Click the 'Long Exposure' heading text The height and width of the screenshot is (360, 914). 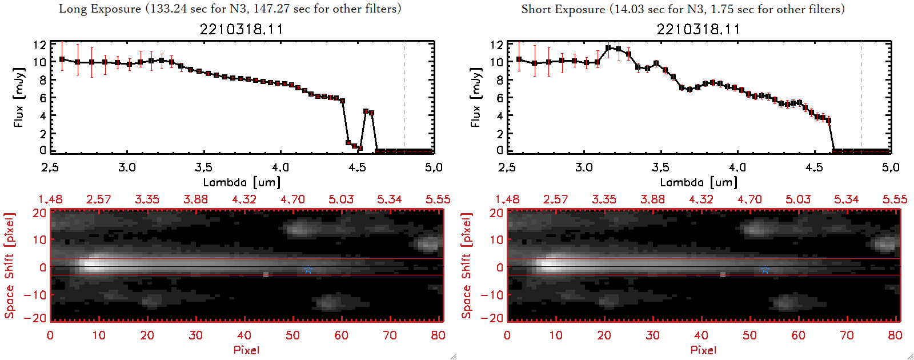click(x=100, y=9)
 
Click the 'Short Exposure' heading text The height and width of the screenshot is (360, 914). click(x=563, y=9)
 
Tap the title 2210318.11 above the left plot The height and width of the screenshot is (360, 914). click(x=241, y=29)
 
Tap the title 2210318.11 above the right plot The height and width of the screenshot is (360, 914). click(x=698, y=29)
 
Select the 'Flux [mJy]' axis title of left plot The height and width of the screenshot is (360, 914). click(x=19, y=97)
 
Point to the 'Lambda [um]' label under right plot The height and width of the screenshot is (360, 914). click(x=698, y=182)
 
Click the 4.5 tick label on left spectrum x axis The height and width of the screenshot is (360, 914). click(x=357, y=167)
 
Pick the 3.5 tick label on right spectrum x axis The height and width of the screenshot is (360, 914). click(x=660, y=167)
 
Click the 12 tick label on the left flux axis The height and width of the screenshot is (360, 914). click(x=39, y=45)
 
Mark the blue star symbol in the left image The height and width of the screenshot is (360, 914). click(x=308, y=270)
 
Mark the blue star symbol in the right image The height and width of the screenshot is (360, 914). click(x=765, y=270)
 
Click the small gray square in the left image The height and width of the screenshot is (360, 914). click(x=266, y=275)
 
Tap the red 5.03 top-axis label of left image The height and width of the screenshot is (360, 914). click(x=341, y=199)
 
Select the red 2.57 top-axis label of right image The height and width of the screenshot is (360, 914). click(x=555, y=199)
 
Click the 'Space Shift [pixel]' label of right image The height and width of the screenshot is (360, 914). click(x=467, y=265)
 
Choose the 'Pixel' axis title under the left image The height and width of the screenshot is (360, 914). click(x=246, y=350)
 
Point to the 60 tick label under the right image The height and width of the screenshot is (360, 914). click(x=798, y=335)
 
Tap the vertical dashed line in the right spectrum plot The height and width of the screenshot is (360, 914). click(x=861, y=97)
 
